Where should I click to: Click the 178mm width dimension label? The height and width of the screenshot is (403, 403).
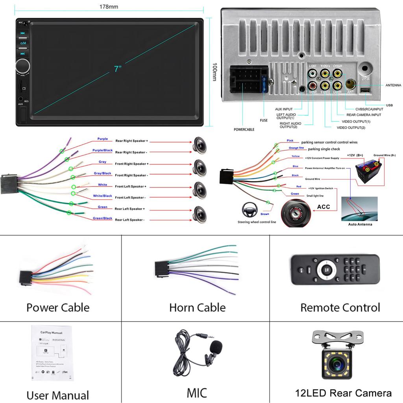pos(109,7)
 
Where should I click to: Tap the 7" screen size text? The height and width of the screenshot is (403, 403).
pos(118,69)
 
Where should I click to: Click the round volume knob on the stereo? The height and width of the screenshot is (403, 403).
pos(23,66)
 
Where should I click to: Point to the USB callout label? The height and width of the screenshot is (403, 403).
pos(389,105)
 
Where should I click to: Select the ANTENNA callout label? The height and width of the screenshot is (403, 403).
pos(393,85)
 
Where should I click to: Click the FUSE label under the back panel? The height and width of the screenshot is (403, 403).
pos(264,120)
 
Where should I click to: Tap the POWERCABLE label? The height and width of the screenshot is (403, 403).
pos(244,129)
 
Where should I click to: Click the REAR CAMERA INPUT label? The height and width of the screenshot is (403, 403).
pos(364,115)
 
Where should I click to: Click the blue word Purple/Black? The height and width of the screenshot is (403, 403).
pos(102,150)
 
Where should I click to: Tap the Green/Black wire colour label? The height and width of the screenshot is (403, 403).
pos(102,218)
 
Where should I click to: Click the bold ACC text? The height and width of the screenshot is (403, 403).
pos(324,207)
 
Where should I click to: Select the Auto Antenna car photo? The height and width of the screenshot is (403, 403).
pos(359,209)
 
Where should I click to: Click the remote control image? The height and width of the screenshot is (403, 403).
pos(335,270)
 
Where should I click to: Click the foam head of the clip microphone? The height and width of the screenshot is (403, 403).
pos(216,348)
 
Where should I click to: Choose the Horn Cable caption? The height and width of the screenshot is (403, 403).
pos(197,307)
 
